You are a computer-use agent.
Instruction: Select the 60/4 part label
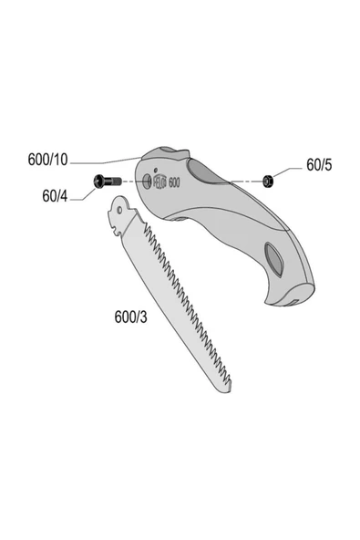(55, 194)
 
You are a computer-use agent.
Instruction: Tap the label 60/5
(320, 165)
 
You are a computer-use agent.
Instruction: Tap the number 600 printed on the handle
(176, 182)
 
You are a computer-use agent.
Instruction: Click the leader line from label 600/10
(109, 158)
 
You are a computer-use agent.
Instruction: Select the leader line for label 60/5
(290, 171)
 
